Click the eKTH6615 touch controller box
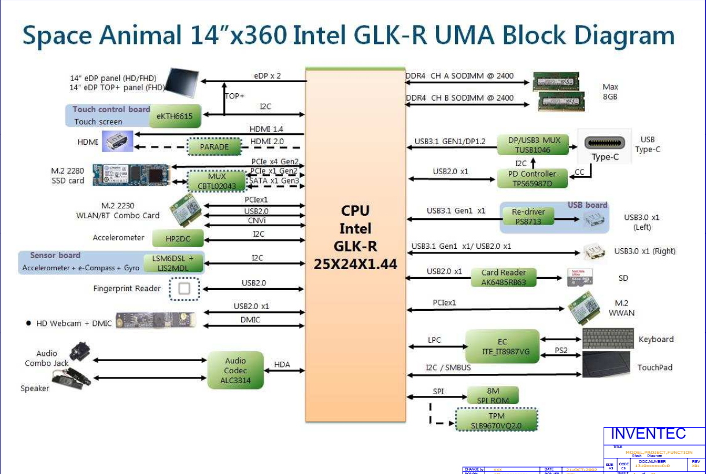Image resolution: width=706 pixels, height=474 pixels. tap(175, 116)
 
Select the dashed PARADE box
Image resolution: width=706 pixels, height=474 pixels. tap(215, 147)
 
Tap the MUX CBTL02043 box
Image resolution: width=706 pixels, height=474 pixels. tap(217, 181)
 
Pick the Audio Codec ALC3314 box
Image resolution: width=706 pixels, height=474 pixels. tap(235, 370)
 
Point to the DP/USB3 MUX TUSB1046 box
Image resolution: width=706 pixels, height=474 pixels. tap(533, 145)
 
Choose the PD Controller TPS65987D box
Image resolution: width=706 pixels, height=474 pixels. tap(533, 178)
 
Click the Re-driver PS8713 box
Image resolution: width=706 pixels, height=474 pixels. tap(528, 216)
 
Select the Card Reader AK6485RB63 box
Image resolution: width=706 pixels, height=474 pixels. tap(503, 277)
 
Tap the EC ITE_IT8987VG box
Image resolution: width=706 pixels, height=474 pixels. tap(502, 347)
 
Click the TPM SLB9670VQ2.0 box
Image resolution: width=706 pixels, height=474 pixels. tap(496, 421)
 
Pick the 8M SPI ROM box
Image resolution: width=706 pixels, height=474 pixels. tap(493, 396)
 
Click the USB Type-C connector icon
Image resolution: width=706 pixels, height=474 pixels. tap(605, 144)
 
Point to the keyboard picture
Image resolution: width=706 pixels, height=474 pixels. tap(607, 339)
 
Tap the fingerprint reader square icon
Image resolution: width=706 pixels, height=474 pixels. tap(184, 289)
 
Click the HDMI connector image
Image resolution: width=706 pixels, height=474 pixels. tap(118, 141)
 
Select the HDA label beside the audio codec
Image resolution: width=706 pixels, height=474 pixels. tap(282, 365)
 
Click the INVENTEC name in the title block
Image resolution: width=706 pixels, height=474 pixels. tap(648, 434)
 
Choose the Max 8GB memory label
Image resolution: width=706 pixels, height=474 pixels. tap(610, 91)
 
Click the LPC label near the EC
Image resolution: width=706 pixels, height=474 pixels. tap(434, 340)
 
